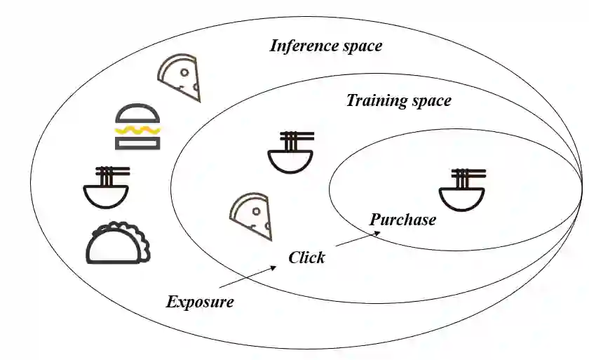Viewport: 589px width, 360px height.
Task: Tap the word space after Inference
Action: (x=362, y=46)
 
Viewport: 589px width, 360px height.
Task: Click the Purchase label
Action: (x=402, y=220)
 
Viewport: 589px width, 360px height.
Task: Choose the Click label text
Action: (x=306, y=258)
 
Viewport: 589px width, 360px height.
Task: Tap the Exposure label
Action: (x=200, y=302)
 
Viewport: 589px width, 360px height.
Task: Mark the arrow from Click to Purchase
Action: (x=358, y=238)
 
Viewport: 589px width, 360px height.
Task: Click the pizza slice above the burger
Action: (x=179, y=78)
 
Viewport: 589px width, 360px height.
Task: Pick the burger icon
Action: (x=137, y=127)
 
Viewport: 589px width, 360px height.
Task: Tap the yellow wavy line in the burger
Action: (x=137, y=129)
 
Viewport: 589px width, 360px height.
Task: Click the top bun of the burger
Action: (x=137, y=114)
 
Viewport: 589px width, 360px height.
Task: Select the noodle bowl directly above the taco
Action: (x=106, y=187)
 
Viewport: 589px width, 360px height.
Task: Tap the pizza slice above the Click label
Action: (x=250, y=217)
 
